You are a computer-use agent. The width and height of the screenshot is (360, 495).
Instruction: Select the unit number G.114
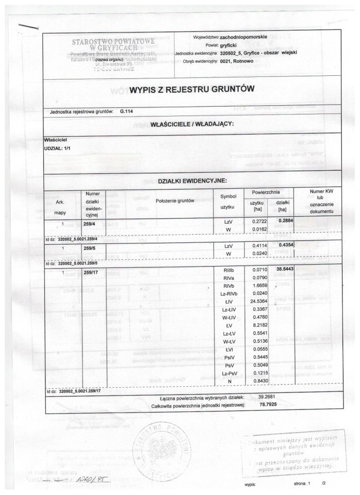pos(126,111)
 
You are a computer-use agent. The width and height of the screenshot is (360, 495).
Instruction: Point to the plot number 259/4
pos(90,223)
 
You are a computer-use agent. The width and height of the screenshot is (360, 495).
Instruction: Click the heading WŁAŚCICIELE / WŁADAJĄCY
pos(192,124)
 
